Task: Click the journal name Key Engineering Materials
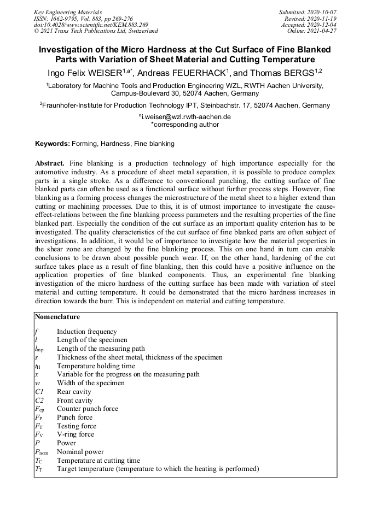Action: point(68,11)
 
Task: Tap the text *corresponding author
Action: point(185,125)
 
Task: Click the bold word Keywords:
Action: point(53,144)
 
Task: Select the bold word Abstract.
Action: point(50,163)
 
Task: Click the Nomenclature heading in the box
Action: point(57,316)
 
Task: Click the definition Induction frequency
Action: point(87,331)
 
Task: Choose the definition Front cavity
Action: point(75,401)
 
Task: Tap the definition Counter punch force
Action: point(88,409)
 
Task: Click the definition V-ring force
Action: point(76,434)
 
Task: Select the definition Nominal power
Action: point(80,452)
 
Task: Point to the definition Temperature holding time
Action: point(96,366)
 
